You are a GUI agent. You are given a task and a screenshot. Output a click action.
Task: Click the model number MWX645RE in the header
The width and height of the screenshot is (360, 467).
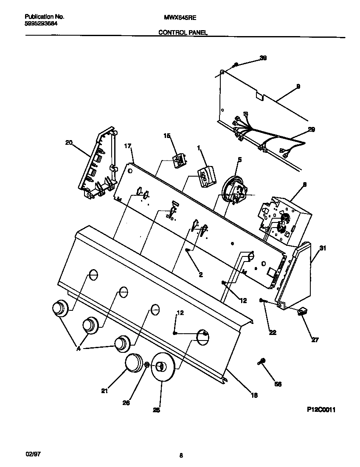(x=180, y=17)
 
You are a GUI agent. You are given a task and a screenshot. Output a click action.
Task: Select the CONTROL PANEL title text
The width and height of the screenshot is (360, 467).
(x=183, y=32)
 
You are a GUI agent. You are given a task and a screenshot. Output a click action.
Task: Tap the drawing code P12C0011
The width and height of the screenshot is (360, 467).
(x=321, y=410)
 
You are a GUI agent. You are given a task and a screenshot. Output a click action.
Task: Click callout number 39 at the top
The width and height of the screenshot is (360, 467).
(x=263, y=58)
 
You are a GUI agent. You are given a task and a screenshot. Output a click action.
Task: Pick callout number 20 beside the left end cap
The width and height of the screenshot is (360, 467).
(x=68, y=143)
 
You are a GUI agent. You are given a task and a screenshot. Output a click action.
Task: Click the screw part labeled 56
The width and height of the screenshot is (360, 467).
(x=262, y=361)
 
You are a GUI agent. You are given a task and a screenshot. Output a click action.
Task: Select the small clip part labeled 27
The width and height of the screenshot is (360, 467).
(x=302, y=312)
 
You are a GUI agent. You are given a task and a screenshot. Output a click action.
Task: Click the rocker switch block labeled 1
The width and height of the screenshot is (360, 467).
(x=205, y=175)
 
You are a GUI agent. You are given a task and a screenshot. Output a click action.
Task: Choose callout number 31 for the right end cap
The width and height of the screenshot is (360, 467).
(x=323, y=249)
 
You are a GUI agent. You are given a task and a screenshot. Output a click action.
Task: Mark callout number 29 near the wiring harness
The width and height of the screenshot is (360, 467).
(x=311, y=130)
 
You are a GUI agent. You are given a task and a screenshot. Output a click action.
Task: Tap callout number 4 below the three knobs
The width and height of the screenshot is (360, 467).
(x=79, y=349)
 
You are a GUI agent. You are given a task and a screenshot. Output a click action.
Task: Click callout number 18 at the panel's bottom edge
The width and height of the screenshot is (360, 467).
(x=254, y=395)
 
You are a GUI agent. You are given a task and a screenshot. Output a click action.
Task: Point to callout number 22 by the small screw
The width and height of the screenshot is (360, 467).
(x=273, y=332)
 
